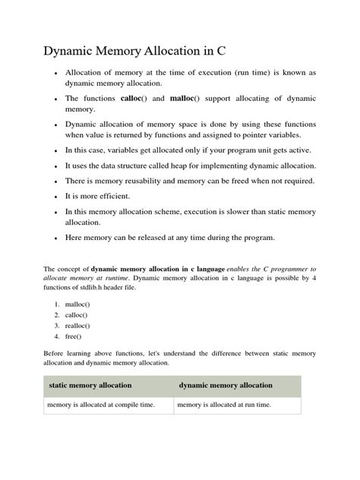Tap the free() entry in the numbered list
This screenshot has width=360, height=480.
[x=74, y=336]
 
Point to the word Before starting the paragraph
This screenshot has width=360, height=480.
[x=56, y=354]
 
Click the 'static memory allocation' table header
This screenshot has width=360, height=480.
[x=90, y=386]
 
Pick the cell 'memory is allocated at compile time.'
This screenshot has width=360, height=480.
[x=101, y=406]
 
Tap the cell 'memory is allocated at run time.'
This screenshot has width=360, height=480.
[x=223, y=406]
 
